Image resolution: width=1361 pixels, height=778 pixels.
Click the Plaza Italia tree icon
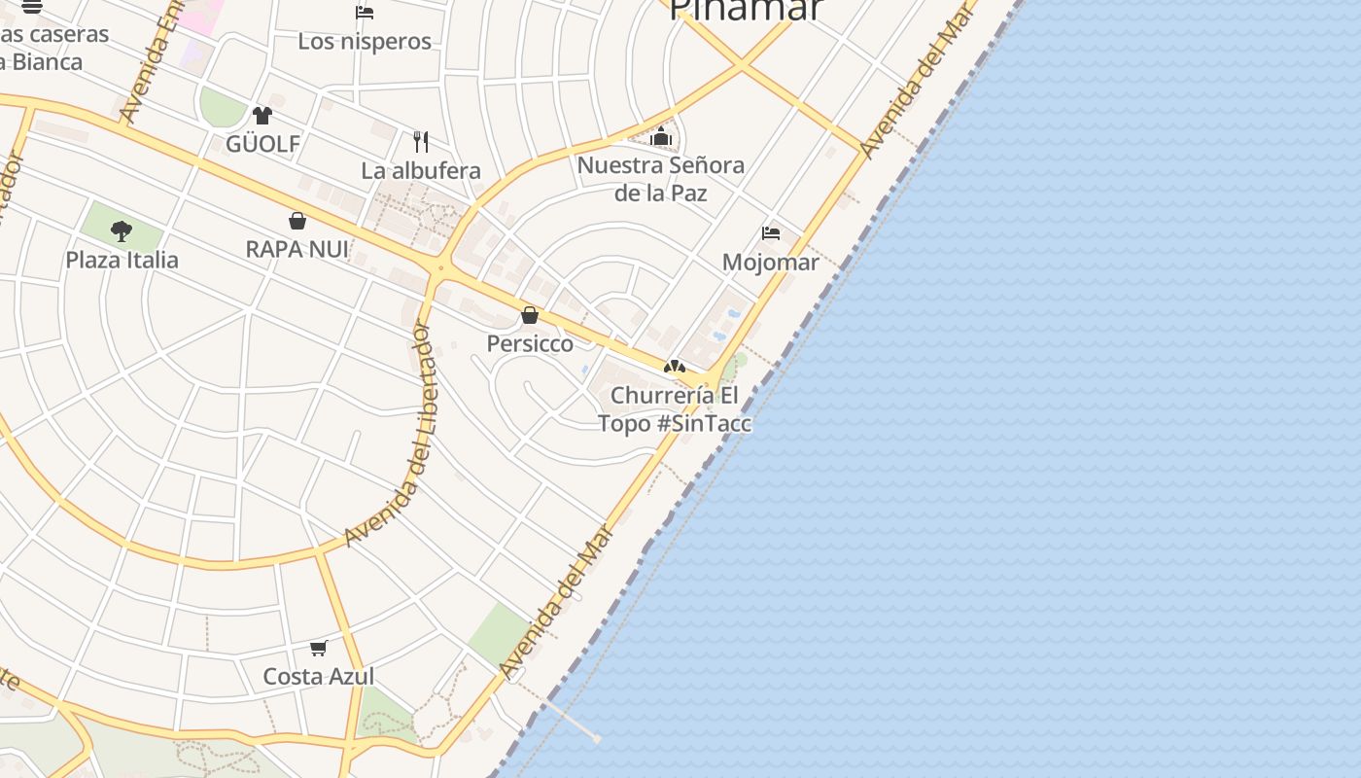[x=122, y=230]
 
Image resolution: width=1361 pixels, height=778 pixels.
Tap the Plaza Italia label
[x=122, y=260]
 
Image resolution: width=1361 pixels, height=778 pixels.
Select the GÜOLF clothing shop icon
[x=262, y=116]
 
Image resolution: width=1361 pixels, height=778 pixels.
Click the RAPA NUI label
[x=297, y=249]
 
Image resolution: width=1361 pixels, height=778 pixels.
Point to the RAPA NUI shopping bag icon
[x=297, y=221]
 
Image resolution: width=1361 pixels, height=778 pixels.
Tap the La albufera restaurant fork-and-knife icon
[x=421, y=142]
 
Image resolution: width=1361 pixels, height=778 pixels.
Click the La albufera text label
[x=421, y=170]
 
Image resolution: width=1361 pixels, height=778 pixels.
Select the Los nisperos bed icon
[x=365, y=13]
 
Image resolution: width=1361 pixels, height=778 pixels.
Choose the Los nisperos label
[x=365, y=41]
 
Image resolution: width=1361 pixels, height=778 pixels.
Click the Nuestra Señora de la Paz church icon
[x=661, y=136]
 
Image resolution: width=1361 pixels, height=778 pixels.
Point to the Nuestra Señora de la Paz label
[x=661, y=179]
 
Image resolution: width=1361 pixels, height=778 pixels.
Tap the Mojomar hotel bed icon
[x=771, y=233]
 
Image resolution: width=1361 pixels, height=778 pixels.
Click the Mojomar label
[x=771, y=262]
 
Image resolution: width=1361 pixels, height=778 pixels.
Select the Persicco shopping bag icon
[x=530, y=315]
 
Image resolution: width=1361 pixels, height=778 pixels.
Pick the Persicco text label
[x=530, y=343]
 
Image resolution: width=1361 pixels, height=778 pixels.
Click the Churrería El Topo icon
[x=674, y=367]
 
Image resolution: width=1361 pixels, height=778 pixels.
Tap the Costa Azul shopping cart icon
[x=318, y=648]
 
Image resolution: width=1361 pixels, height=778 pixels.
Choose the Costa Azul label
[x=319, y=676]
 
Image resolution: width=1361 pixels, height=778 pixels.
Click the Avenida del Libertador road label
[x=399, y=433]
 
